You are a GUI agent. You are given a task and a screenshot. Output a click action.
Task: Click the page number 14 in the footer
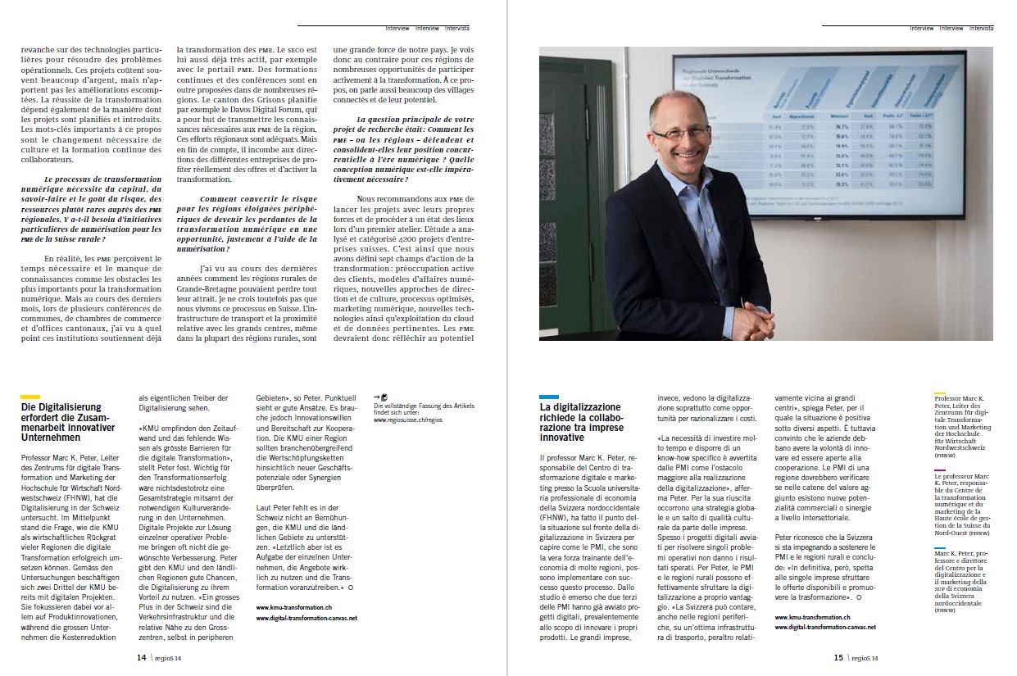(x=142, y=656)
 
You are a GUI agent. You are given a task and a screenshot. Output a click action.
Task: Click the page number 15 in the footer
(x=838, y=656)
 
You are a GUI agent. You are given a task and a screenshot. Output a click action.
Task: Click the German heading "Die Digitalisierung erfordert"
(x=61, y=421)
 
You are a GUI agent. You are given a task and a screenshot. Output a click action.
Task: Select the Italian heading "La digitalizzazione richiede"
(x=579, y=421)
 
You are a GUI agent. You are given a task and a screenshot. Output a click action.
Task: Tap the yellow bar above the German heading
(x=30, y=397)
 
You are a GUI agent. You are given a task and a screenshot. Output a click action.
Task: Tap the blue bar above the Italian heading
(x=549, y=397)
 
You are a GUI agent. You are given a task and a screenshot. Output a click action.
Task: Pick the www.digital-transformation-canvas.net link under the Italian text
(x=824, y=627)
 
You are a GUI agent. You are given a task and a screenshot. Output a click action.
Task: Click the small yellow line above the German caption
(x=940, y=393)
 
